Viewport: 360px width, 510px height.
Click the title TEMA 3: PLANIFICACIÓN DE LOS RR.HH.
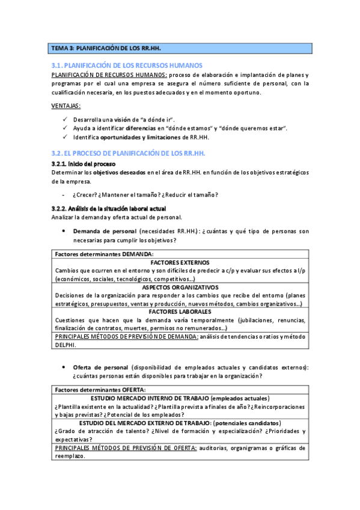(106, 48)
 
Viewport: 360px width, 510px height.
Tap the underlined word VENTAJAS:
(66, 106)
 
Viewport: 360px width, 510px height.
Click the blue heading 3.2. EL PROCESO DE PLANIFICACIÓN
(129, 154)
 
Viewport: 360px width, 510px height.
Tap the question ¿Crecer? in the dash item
(85, 194)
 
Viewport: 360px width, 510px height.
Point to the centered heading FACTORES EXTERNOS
(180, 263)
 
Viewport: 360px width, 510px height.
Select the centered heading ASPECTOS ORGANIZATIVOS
(180, 287)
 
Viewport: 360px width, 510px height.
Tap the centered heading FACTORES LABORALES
(180, 312)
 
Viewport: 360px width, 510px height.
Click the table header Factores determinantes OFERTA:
(97, 390)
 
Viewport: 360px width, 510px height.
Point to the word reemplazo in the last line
(69, 456)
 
